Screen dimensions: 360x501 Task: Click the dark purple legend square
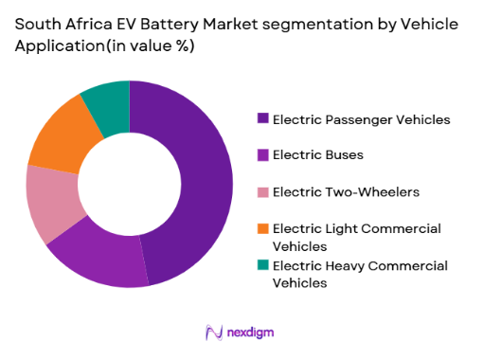tap(262, 118)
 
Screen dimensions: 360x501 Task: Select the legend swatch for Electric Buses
tap(262, 154)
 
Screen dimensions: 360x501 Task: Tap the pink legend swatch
tap(262, 190)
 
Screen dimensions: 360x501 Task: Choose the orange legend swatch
tap(262, 227)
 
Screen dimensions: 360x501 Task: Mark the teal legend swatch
tap(262, 266)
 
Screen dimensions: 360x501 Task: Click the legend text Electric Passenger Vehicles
tap(361, 119)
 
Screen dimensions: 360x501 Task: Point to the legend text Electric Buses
tap(317, 155)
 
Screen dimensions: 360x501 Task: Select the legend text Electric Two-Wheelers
tap(333, 191)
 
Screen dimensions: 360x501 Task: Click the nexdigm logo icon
tap(214, 333)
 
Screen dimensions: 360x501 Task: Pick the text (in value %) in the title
tap(148, 46)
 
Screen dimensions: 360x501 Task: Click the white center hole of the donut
tap(130, 184)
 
